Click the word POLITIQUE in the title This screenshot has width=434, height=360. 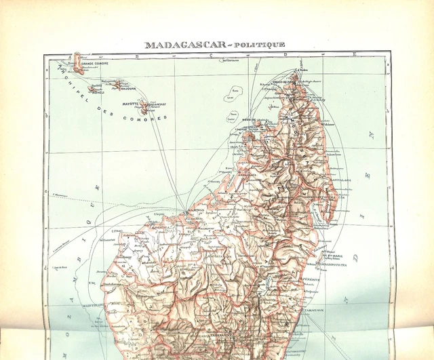pyautogui.click(x=261, y=45)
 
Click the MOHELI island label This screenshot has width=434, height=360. pyautogui.click(x=107, y=94)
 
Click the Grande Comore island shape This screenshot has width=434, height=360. pyautogui.click(x=79, y=60)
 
